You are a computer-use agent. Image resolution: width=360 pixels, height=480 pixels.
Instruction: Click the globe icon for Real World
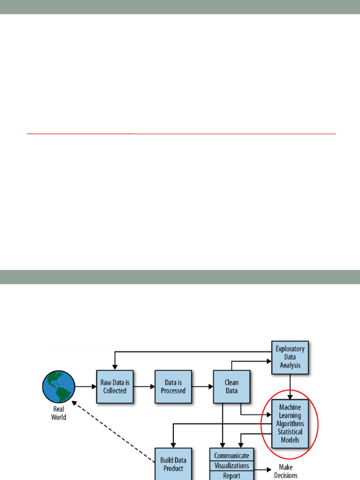tap(58, 387)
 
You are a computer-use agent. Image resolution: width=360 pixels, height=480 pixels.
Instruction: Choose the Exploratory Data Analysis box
tap(290, 357)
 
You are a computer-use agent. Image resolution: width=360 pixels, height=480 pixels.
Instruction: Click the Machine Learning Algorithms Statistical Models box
tap(290, 423)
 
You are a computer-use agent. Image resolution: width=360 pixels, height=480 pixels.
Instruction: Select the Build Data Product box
tap(173, 464)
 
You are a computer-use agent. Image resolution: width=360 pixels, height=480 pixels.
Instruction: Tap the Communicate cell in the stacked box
tap(232, 455)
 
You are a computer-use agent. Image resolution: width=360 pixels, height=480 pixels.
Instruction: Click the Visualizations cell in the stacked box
tap(232, 466)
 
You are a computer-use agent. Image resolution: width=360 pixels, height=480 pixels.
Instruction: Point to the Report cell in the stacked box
tap(232, 475)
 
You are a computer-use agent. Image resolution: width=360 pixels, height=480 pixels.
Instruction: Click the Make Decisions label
tap(285, 471)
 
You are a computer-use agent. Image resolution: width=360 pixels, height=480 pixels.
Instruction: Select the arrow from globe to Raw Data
tap(85, 387)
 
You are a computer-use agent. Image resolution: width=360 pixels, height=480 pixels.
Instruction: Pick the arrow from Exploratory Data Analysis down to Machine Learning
tap(290, 388)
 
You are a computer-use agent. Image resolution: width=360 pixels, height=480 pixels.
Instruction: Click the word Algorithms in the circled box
tap(290, 424)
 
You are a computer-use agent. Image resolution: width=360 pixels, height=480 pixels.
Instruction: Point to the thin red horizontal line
tap(181, 134)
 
